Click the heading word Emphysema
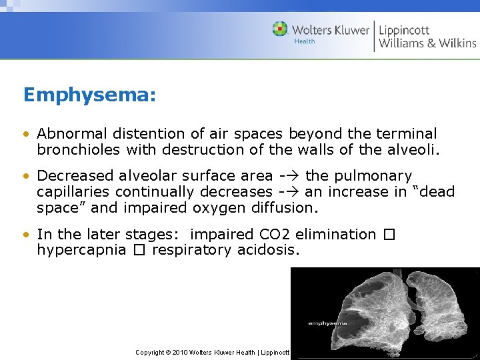click(x=89, y=95)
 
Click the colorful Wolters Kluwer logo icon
click(x=280, y=29)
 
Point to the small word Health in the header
click(x=305, y=41)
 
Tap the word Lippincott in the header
click(x=404, y=30)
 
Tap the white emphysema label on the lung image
click(x=326, y=323)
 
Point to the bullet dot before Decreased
click(x=26, y=176)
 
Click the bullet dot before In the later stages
click(x=26, y=235)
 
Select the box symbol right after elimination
click(x=390, y=235)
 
